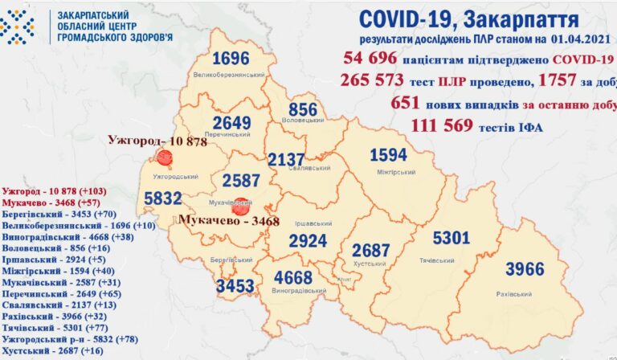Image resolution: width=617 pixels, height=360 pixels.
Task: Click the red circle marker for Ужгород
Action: point(165,158)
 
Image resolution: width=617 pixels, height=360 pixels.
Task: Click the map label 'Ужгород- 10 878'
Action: point(157,141)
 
